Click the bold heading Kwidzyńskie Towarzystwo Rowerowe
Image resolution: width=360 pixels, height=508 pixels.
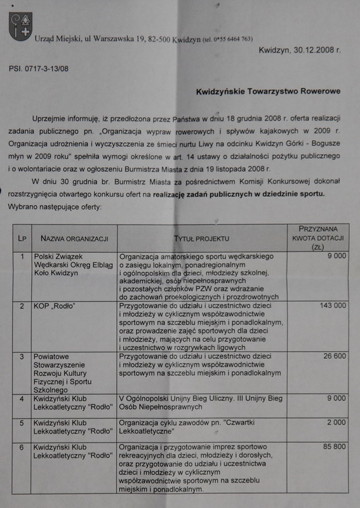pos(273,91)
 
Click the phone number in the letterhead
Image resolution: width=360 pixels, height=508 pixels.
pos(229,39)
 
